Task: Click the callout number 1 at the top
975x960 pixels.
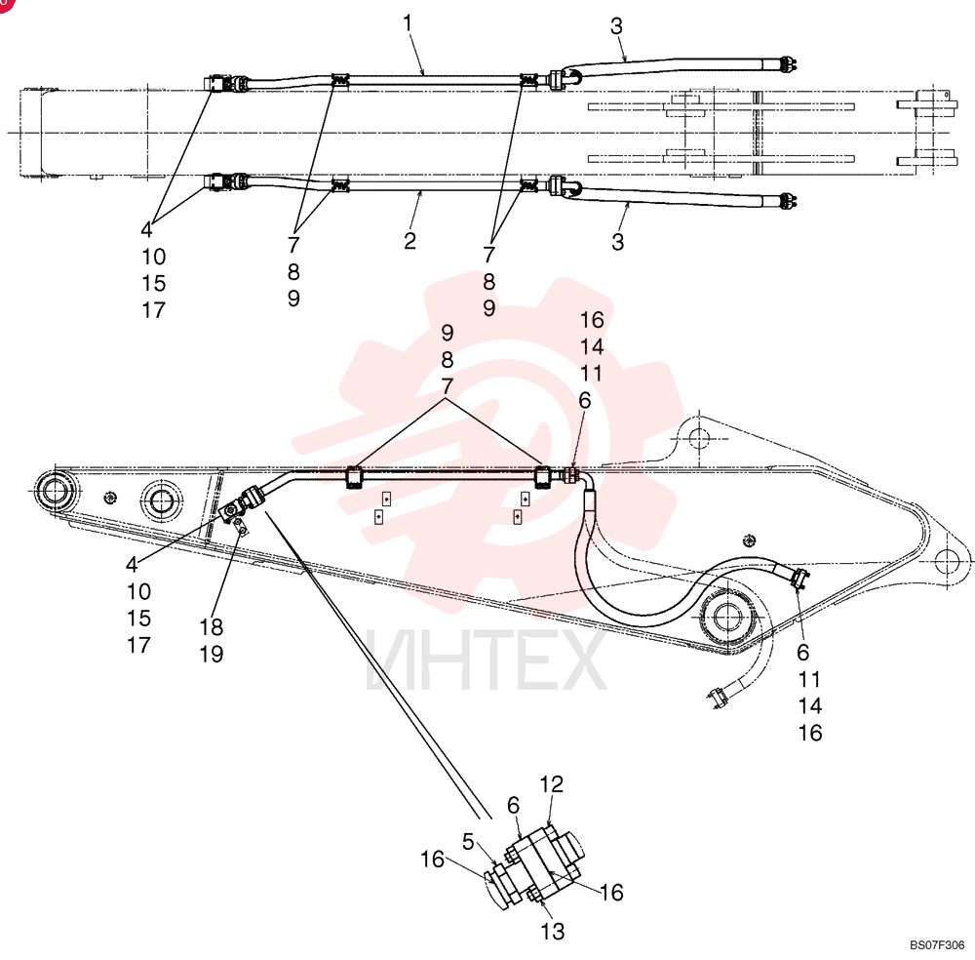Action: [x=408, y=23]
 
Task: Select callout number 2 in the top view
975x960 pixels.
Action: [x=409, y=241]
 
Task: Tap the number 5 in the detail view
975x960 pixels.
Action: [x=468, y=842]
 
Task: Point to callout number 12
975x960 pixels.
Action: [x=552, y=784]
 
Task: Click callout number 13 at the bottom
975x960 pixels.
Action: [x=552, y=932]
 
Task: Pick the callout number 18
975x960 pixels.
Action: [x=212, y=627]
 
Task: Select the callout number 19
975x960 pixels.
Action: [x=212, y=654]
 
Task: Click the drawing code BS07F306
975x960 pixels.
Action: [x=937, y=945]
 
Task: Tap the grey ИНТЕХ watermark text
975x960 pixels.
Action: [x=486, y=660]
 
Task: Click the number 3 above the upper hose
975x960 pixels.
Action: [x=616, y=26]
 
